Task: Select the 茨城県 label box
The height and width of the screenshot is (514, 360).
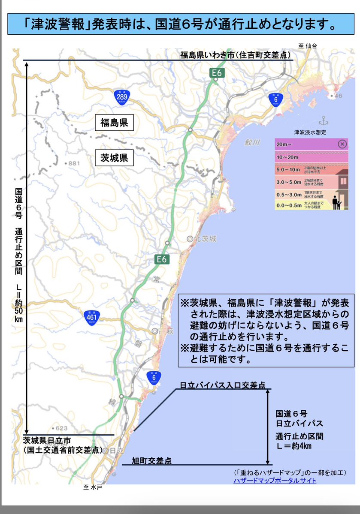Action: click(112, 158)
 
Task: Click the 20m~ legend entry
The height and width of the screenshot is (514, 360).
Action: click(305, 144)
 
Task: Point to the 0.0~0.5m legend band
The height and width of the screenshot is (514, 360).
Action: click(300, 206)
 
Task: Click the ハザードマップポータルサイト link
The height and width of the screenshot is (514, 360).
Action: click(275, 481)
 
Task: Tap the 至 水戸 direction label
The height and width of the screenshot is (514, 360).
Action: click(93, 487)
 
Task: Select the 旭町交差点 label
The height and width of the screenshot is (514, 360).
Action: click(151, 461)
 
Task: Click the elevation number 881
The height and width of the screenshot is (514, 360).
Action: click(74, 163)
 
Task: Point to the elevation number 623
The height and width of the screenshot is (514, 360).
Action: click(62, 428)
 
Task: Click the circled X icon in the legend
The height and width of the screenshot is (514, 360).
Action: click(342, 144)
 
